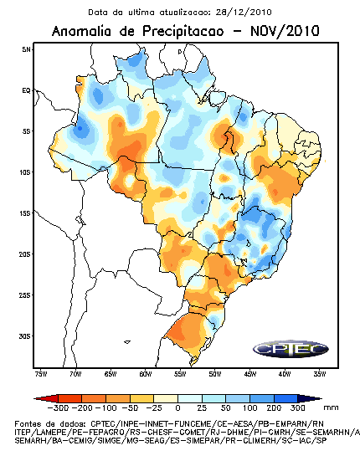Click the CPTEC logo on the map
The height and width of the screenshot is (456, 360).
pos(291,349)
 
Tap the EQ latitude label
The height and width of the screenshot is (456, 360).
pos(26,90)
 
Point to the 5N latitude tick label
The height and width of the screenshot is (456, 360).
pos(26,49)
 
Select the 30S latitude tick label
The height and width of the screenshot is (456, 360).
pos(25,336)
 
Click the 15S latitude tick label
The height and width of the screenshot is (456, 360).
pos(25,213)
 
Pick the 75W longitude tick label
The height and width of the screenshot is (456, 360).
pos(41,374)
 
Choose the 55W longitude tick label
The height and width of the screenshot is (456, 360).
pos(180,374)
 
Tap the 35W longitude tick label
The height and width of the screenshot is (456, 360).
pos(320,374)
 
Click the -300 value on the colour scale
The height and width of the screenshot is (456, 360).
pos(58,407)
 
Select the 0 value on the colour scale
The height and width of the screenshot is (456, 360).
pos(177,407)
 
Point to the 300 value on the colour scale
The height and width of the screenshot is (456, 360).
pos(297,407)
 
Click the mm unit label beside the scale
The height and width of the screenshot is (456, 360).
pos(332,407)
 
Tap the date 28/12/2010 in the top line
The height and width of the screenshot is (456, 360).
pos(244,13)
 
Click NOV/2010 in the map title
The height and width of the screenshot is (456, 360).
pos(285,31)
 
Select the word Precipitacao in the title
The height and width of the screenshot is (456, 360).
pos(183,32)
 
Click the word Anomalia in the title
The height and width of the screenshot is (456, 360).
pos(81,31)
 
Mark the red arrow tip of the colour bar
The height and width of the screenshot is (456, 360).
pos(35,398)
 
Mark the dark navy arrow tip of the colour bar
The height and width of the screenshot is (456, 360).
pos(321,398)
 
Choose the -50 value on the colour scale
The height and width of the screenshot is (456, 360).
pos(130,407)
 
